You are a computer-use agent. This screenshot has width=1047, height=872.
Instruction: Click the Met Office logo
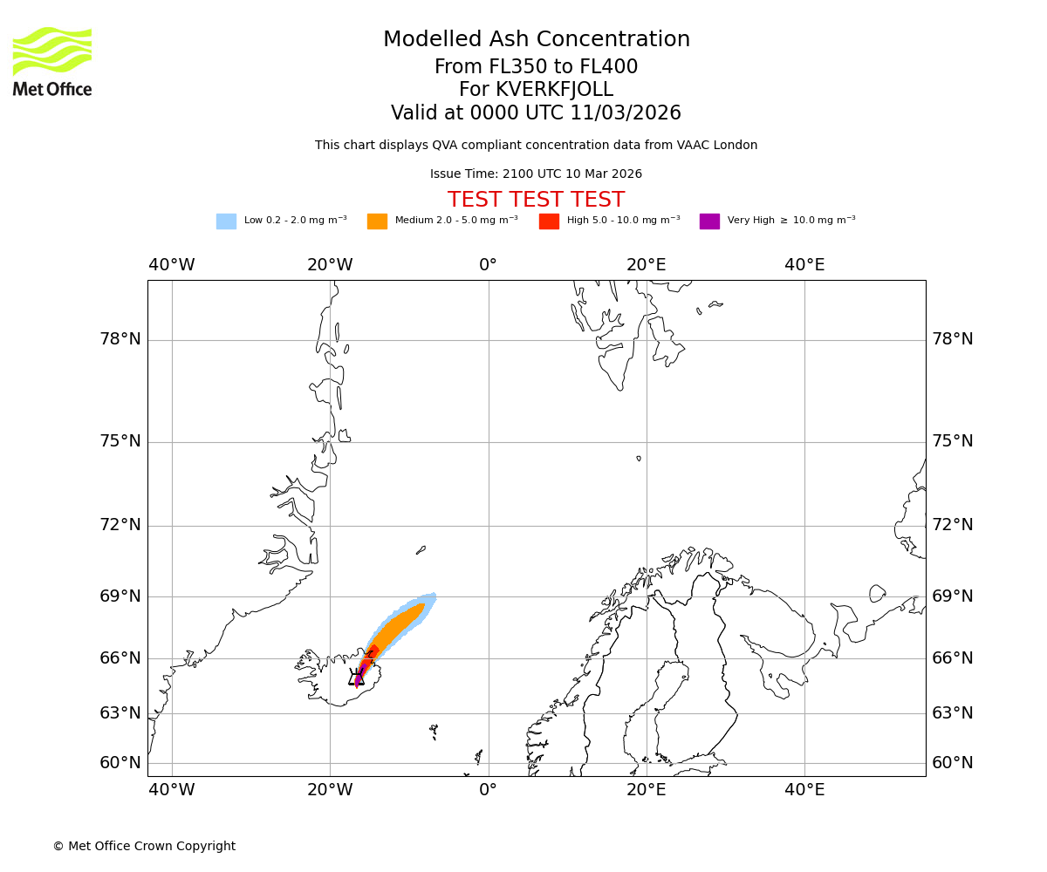click(52, 61)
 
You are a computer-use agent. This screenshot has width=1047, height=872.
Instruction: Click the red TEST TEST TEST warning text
click(536, 200)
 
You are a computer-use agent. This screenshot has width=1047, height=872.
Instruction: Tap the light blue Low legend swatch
click(226, 221)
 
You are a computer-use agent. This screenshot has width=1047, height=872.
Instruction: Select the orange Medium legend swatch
click(377, 221)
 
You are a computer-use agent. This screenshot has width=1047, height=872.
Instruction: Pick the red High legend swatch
click(549, 221)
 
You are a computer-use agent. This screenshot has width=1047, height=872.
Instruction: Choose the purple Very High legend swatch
click(709, 221)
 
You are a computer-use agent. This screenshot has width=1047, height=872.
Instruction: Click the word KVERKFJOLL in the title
click(554, 90)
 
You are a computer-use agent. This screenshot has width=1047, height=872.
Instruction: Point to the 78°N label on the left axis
click(120, 339)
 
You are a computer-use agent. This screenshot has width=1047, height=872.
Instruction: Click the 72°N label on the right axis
click(953, 525)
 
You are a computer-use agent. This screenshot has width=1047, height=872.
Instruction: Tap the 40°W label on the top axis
click(171, 264)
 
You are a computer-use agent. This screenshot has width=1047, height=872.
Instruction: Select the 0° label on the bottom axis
click(488, 790)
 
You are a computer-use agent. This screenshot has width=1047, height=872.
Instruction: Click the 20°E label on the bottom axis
click(646, 790)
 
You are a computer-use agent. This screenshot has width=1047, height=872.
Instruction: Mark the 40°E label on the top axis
click(804, 264)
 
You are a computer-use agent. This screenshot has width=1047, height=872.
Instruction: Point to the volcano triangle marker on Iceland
click(357, 678)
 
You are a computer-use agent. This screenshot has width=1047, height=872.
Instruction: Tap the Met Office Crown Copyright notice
click(144, 846)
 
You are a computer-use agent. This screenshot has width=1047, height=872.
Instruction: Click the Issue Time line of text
click(536, 174)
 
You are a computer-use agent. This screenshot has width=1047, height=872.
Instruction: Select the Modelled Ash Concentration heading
click(536, 39)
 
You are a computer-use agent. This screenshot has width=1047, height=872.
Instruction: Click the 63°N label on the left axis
click(120, 713)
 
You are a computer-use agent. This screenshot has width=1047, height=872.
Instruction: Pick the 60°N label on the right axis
click(953, 763)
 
